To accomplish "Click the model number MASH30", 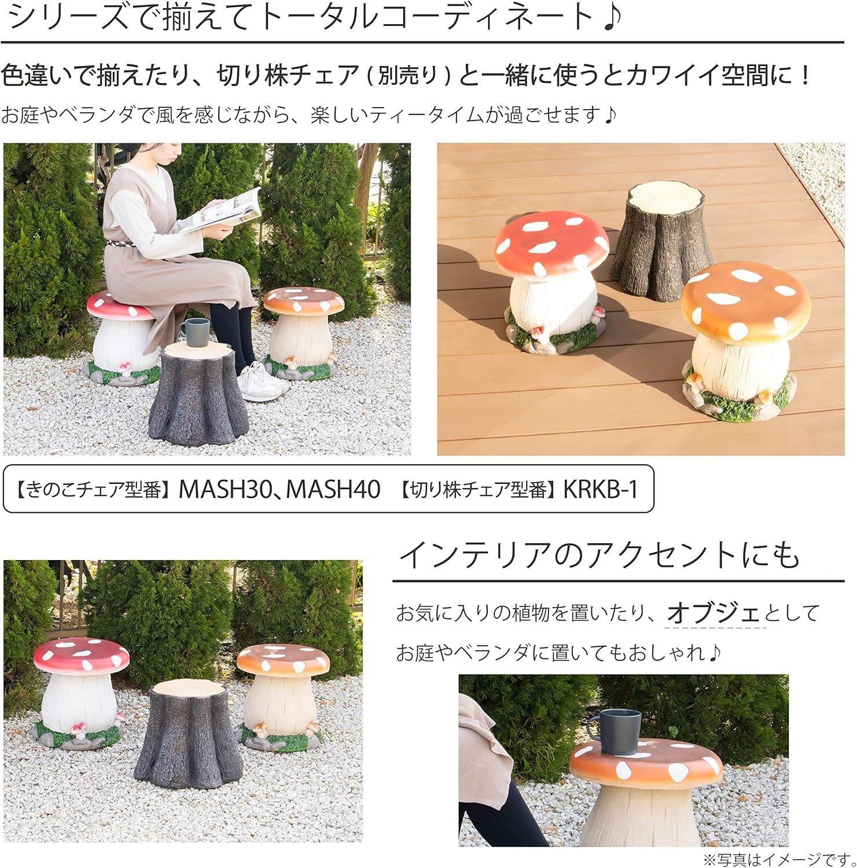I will pos(224,490).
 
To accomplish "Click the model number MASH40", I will pos(333,490).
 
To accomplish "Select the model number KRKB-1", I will pos(600,490).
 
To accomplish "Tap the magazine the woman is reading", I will pos(223,211).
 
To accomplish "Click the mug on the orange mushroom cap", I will pos(619,731).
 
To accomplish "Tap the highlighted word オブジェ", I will pos(713,613).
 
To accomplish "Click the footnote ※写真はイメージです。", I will pos(778,859).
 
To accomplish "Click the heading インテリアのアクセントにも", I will pos(599,555).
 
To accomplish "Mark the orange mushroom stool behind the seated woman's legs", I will pos(302,333).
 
